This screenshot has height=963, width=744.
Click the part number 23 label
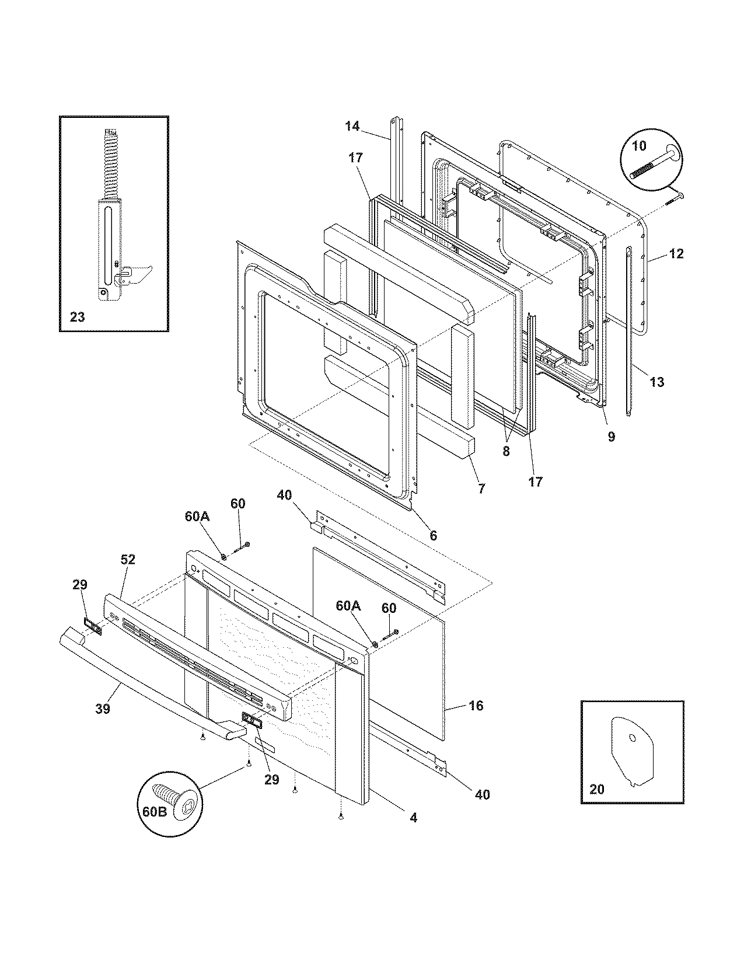click(x=77, y=317)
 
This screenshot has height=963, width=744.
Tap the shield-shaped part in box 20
click(x=633, y=751)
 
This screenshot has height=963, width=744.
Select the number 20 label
click(x=597, y=789)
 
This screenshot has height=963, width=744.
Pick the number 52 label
click(x=128, y=559)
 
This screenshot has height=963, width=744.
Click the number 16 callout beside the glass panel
click(x=476, y=706)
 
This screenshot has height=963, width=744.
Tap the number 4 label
click(x=413, y=818)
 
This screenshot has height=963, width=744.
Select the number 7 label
click(x=481, y=489)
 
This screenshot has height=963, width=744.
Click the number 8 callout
click(x=506, y=451)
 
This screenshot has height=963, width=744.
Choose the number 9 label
click(x=611, y=437)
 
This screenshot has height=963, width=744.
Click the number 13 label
click(x=656, y=382)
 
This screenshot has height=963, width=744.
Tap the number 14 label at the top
click(x=352, y=125)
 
